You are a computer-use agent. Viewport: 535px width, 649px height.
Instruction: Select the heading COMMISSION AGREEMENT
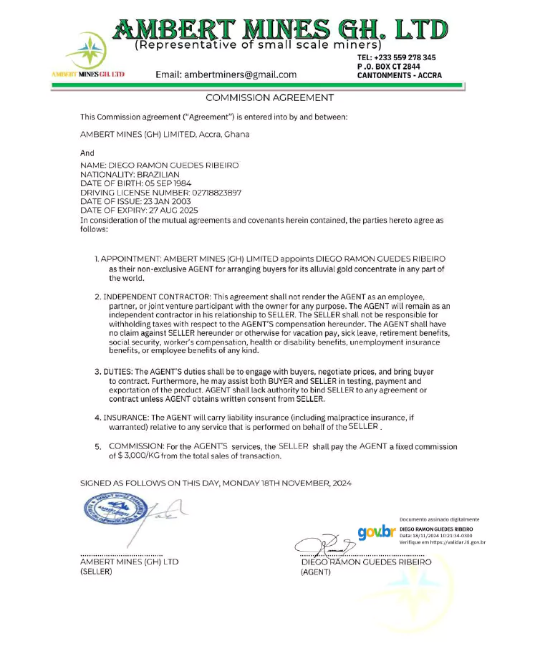(269, 97)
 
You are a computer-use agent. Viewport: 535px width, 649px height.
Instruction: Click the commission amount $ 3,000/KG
(136, 456)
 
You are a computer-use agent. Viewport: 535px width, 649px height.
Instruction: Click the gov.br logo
(377, 532)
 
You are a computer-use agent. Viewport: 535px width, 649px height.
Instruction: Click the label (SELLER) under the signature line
(96, 572)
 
